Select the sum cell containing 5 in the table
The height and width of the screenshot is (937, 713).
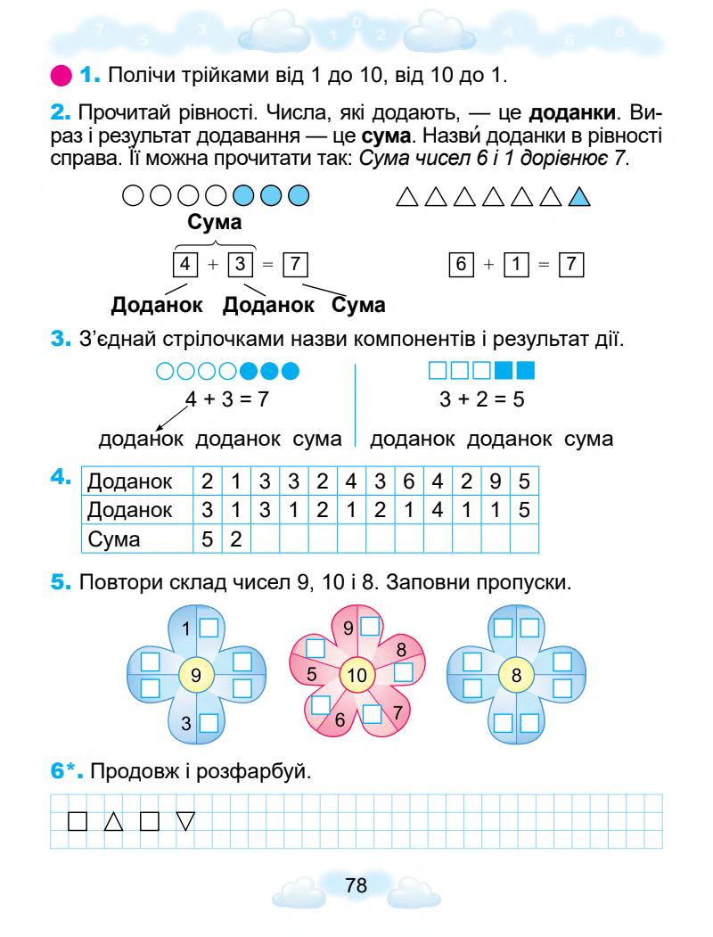[207, 539]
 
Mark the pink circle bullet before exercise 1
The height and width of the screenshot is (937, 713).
[62, 71]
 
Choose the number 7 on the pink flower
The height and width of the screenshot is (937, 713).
[397, 711]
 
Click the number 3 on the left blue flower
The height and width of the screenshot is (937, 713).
[186, 724]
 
